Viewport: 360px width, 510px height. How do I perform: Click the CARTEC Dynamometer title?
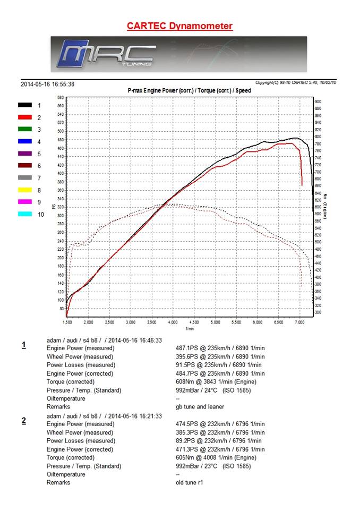coord(179,25)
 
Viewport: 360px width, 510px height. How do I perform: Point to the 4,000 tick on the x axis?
coord(173,322)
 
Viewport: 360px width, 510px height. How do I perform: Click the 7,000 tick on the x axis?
coord(299,322)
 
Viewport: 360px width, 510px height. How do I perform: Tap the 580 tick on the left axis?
coord(61,98)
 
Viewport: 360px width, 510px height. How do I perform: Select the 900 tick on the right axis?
coord(318,101)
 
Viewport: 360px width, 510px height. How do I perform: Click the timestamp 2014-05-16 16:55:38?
coord(47,84)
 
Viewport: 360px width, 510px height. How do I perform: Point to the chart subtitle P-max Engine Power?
coord(190,91)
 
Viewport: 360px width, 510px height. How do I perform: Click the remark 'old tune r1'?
coord(189,483)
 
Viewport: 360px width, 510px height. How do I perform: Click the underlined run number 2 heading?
coord(24,421)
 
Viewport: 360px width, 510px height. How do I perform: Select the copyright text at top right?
coord(295,82)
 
